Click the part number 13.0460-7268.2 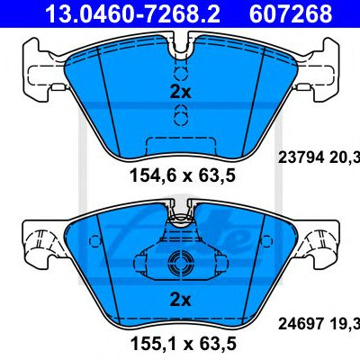132,13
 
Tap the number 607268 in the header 291,13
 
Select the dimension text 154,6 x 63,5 183,175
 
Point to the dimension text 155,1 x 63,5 183,343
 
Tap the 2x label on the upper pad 180,92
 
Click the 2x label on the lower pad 180,301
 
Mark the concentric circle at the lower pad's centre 180,263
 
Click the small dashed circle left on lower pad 95,240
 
